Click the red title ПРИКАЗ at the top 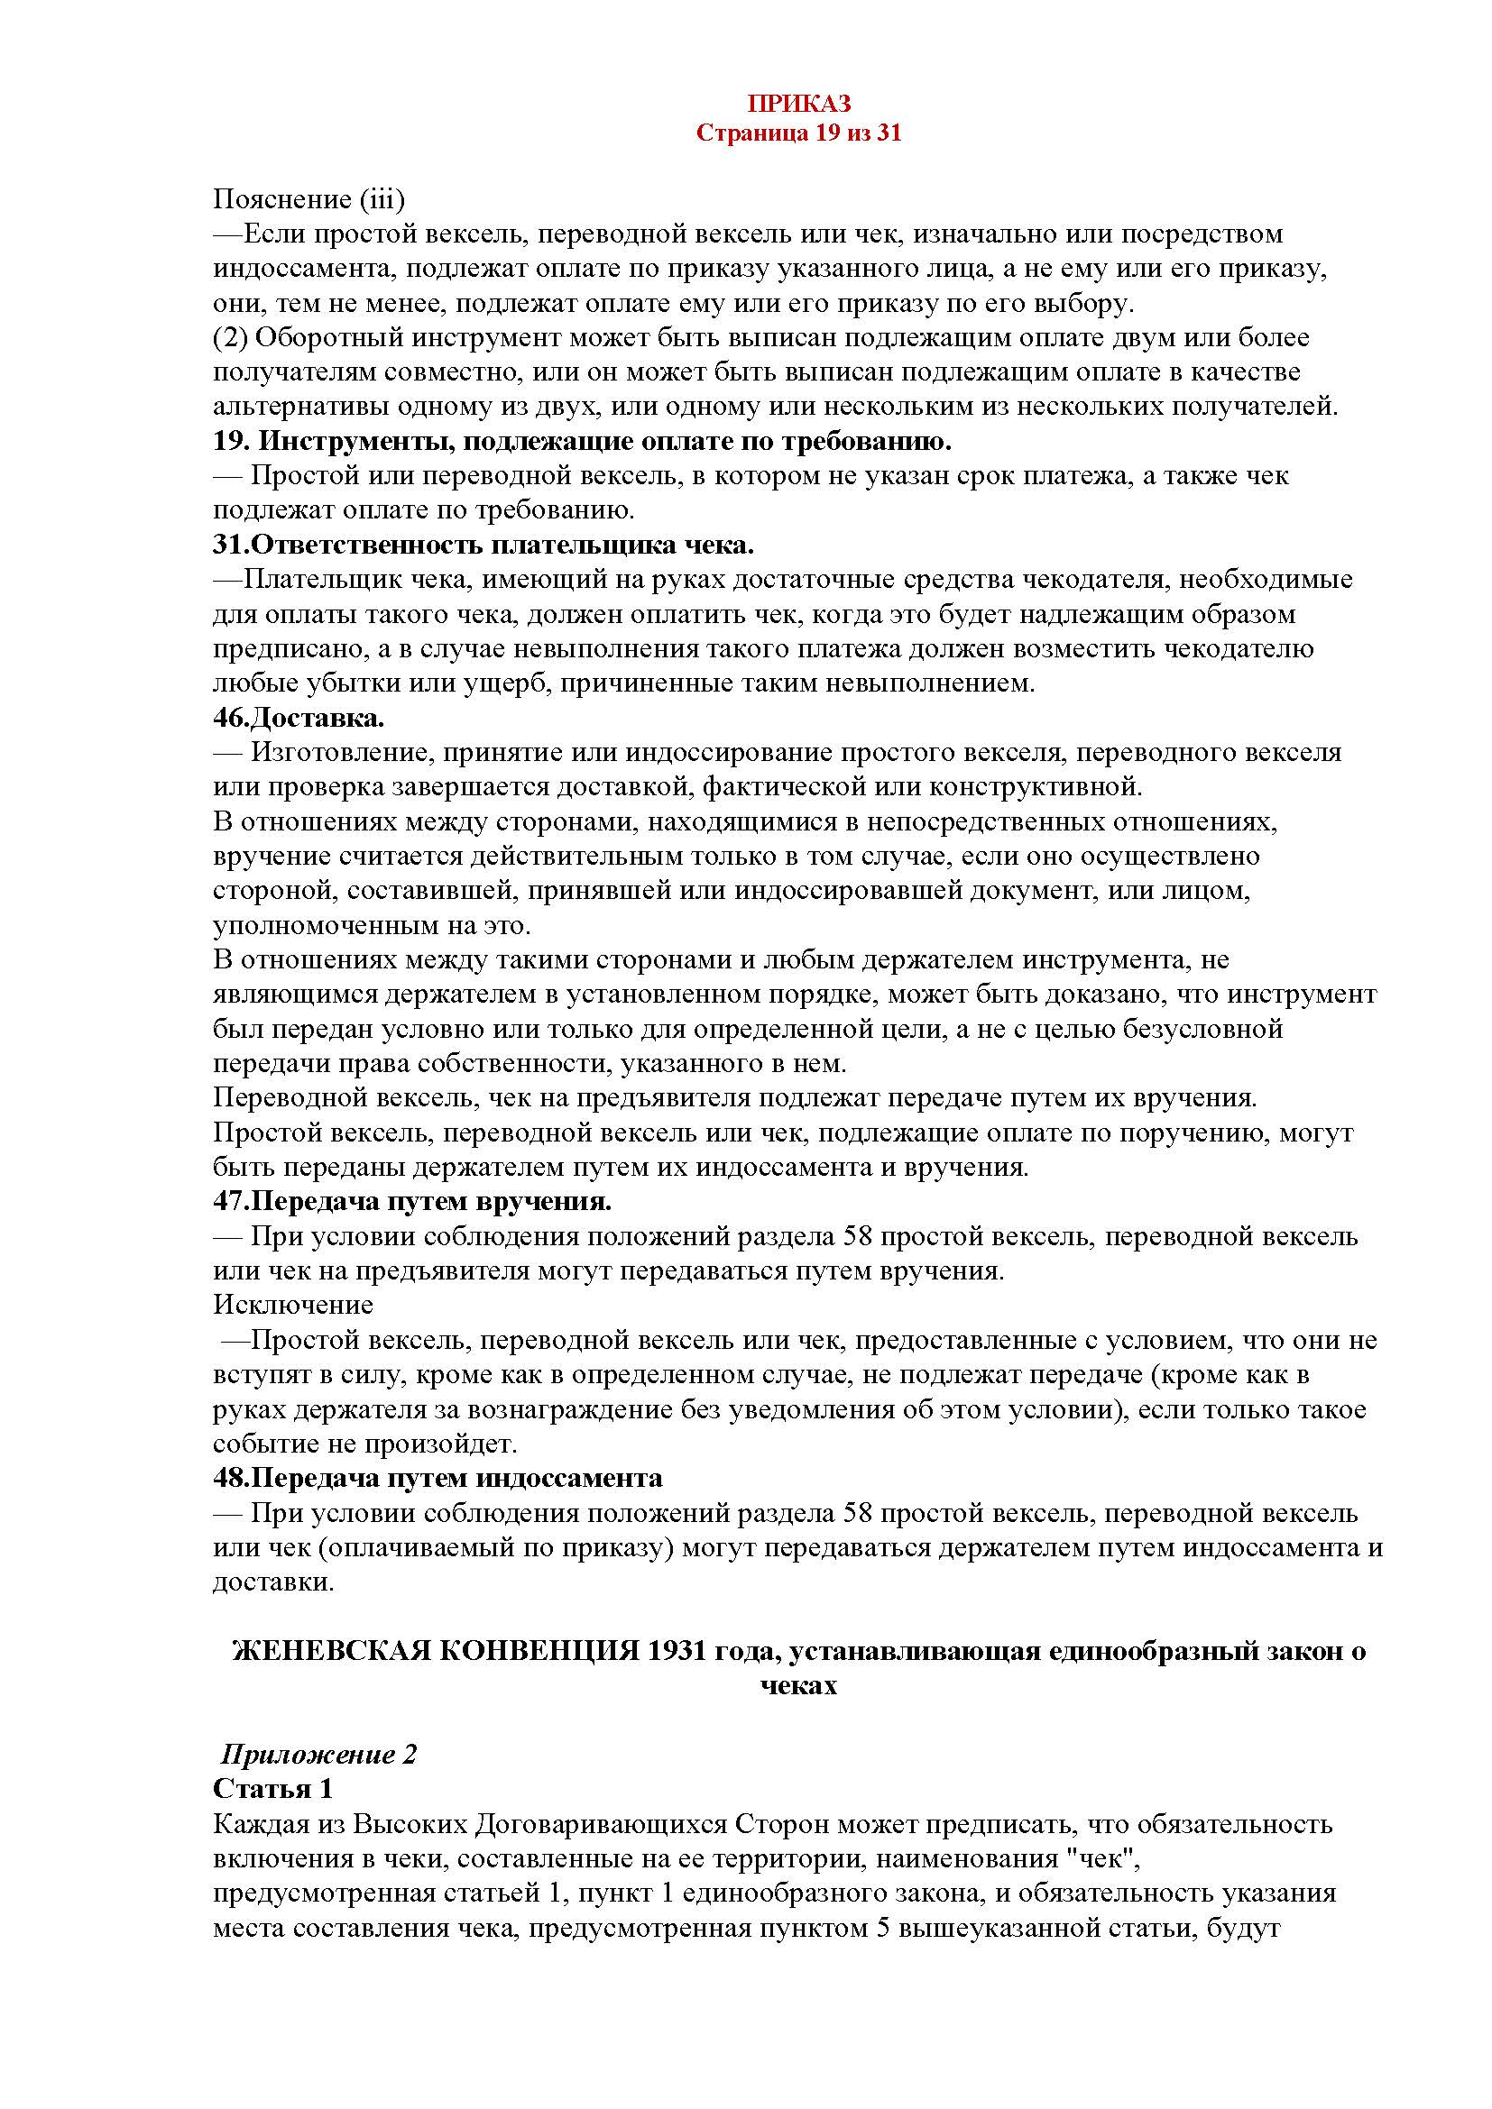(798, 102)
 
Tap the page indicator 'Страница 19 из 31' (798, 133)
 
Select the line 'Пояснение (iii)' (309, 199)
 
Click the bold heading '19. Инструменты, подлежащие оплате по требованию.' (583, 442)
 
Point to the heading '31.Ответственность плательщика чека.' (484, 546)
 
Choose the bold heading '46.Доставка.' (299, 718)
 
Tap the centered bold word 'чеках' (798, 1686)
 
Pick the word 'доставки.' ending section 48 (272, 1582)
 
